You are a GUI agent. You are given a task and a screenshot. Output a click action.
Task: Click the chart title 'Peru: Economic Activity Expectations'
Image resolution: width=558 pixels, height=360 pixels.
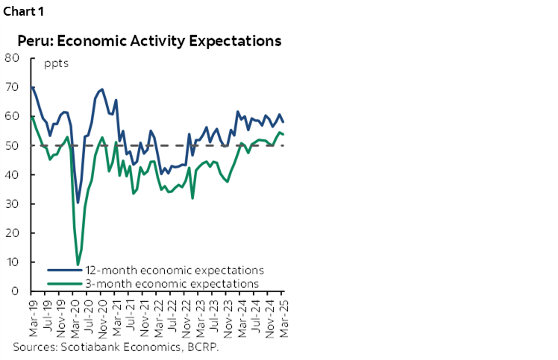point(149,40)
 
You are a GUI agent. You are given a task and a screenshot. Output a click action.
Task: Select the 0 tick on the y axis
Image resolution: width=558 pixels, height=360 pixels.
point(15,291)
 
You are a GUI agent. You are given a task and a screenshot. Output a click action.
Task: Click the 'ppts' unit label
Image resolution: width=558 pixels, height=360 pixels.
point(56,63)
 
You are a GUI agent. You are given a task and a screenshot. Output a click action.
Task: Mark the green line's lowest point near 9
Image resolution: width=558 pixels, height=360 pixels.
point(78,265)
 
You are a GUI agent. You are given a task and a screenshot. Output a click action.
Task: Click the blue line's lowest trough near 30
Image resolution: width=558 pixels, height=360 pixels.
point(78,202)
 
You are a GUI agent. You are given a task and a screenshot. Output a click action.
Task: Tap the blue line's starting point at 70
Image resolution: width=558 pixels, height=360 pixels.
point(32,87)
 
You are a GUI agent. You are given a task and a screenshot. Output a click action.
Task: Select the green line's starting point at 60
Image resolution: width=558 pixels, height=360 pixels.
point(32,116)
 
